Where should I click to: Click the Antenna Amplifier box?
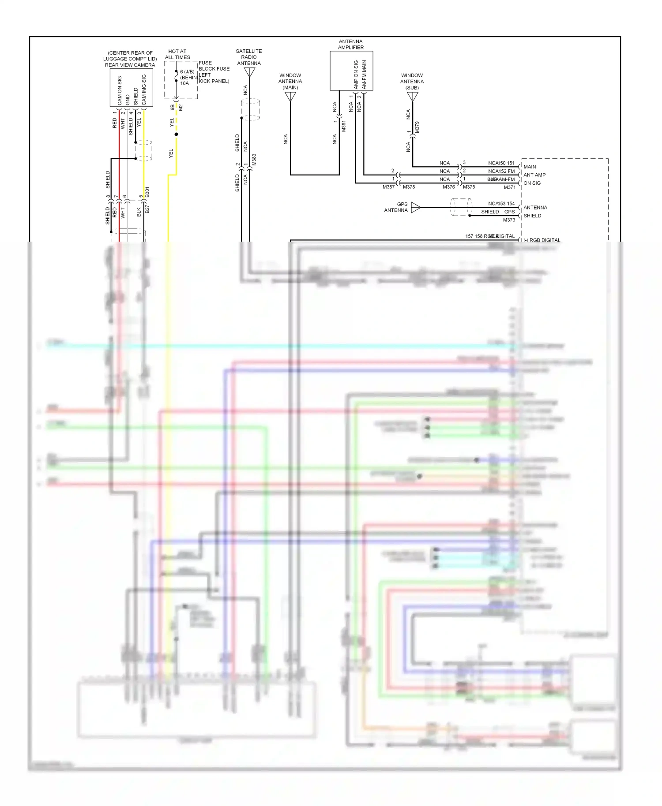pos(351,71)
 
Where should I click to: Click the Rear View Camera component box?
pos(131,87)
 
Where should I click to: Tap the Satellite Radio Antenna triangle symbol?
pos(249,72)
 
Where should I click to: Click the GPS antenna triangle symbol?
pos(415,207)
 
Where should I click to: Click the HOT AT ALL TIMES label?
pos(177,54)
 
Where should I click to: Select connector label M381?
pos(343,126)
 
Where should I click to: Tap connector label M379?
pos(417,127)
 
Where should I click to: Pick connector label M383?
pos(254,160)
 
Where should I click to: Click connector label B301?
pos(147,192)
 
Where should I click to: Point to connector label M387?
pos(388,187)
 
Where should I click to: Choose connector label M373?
pos(509,220)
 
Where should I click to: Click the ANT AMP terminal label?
pos(534,175)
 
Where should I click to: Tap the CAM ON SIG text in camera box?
pos(120,90)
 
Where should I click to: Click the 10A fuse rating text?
pos(184,83)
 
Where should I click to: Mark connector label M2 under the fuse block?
pos(181,107)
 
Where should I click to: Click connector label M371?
pos(509,187)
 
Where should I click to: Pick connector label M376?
pos(448,187)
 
